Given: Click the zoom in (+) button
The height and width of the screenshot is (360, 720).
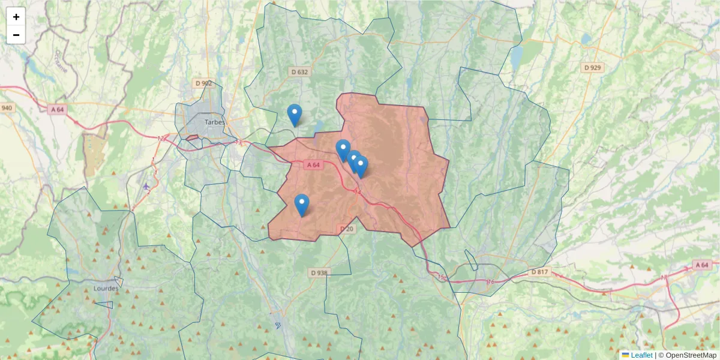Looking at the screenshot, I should coord(16,17).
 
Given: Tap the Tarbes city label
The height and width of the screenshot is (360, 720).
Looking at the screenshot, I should coord(215,122).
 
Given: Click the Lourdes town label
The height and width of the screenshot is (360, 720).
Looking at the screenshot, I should coord(106,288).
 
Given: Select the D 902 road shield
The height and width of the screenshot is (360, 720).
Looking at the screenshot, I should coord(203,83).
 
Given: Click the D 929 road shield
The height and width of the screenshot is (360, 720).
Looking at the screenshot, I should coord(592,67).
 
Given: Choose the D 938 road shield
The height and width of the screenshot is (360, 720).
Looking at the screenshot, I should coord(320,272).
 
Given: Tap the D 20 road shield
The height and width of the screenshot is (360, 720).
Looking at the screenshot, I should coord(347,229).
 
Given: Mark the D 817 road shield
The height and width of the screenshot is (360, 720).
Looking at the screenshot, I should coord(539,272).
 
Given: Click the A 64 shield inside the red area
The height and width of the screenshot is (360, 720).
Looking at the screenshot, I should coord(314,165).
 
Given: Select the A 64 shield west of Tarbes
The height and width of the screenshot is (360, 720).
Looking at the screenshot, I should coord(58,109).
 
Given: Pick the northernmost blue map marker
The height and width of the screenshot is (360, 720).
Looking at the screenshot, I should coord(294,114).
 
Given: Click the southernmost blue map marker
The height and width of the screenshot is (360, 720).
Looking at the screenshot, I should coord(302,204).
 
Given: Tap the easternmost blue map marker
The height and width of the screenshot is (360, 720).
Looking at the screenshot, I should coord(361,166).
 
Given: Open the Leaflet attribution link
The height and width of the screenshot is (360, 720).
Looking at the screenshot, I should coord(641,355).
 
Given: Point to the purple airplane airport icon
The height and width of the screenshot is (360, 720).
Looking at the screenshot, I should coord(146,186).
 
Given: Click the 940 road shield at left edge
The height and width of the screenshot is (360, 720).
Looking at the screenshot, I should coord(7,108).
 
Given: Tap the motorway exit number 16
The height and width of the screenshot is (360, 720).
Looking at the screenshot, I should coord(490,281).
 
